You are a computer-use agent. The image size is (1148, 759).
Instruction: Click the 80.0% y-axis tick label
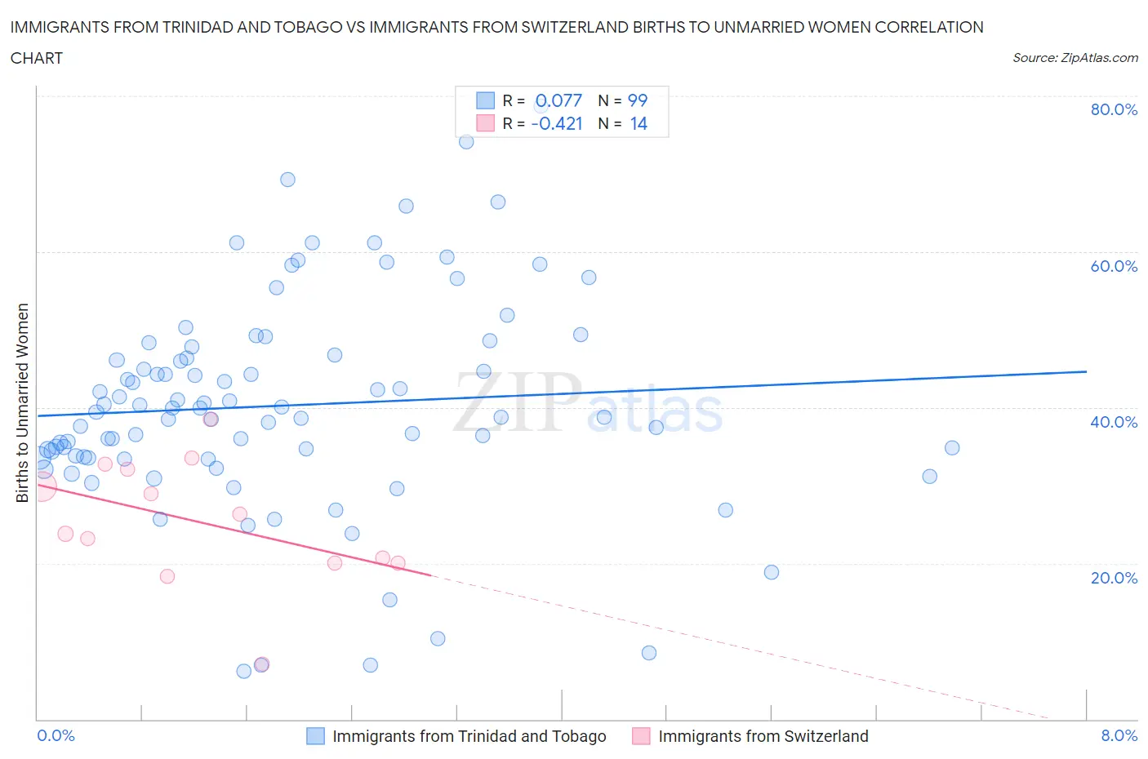point(1114,109)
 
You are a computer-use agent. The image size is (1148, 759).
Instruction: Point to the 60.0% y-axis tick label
point(1114,266)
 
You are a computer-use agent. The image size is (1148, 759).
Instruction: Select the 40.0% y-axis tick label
point(1114,422)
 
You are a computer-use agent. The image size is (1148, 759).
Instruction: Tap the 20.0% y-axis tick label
point(1114,578)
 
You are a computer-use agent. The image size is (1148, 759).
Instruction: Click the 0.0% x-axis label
point(56,735)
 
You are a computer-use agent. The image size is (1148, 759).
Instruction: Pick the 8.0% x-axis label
point(1119,735)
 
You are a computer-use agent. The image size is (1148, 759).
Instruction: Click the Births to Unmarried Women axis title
point(23,402)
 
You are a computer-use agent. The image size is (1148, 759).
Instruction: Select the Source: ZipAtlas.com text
point(1075,57)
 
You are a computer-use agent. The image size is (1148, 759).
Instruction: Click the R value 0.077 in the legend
point(558,100)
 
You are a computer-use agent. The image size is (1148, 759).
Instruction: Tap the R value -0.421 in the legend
point(557,123)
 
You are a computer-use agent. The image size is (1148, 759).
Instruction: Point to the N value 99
point(637,100)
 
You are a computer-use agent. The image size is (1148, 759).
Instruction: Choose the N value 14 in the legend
point(639,123)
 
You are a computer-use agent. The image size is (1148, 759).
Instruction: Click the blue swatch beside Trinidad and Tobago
point(315,736)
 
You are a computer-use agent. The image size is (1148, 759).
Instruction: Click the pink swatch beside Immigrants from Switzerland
point(641,736)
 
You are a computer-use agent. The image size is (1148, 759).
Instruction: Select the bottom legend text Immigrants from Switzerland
point(763,736)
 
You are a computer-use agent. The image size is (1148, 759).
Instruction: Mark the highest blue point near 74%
point(466,141)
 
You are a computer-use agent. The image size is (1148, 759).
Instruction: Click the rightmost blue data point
point(951,447)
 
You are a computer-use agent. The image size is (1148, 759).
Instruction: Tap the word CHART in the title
point(37,58)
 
